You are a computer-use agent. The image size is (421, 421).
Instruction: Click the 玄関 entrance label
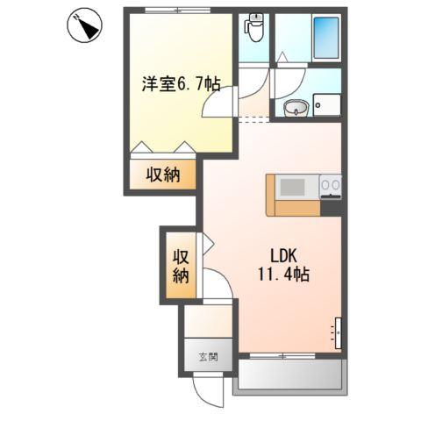pos(207,357)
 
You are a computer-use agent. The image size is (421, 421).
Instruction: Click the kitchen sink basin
pos(292,187)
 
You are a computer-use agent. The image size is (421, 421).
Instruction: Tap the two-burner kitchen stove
pos(331,186)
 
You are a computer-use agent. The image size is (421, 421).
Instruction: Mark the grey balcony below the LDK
pos(291,376)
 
